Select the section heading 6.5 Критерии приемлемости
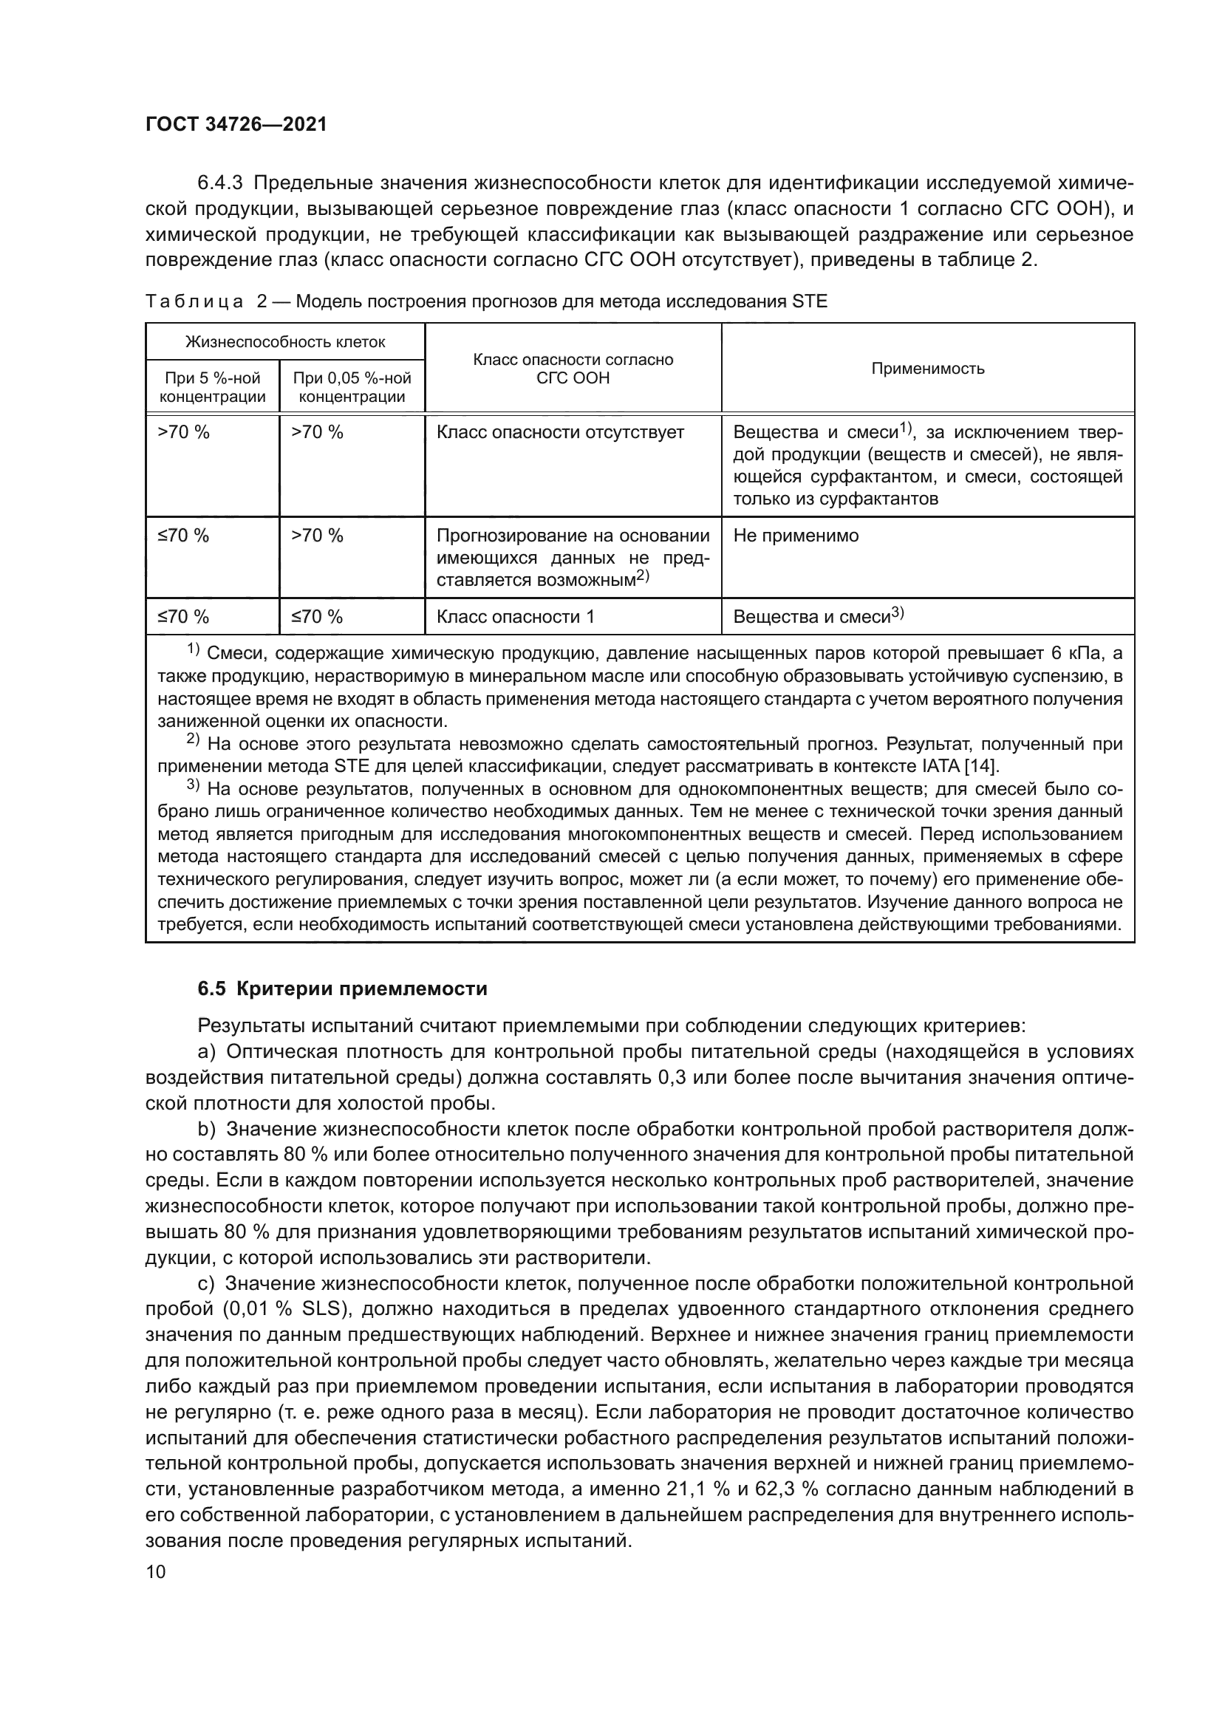[x=342, y=989]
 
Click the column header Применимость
[x=927, y=368]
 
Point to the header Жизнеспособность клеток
[x=285, y=343]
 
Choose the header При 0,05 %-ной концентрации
[x=352, y=387]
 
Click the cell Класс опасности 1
[x=516, y=617]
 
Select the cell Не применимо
[x=796, y=536]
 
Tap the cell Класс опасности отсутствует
[x=561, y=432]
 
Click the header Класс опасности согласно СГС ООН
[x=573, y=369]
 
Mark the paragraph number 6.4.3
[x=222, y=183]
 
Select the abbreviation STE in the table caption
[x=810, y=302]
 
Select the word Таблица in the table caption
[x=194, y=302]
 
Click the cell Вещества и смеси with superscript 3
[x=818, y=617]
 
